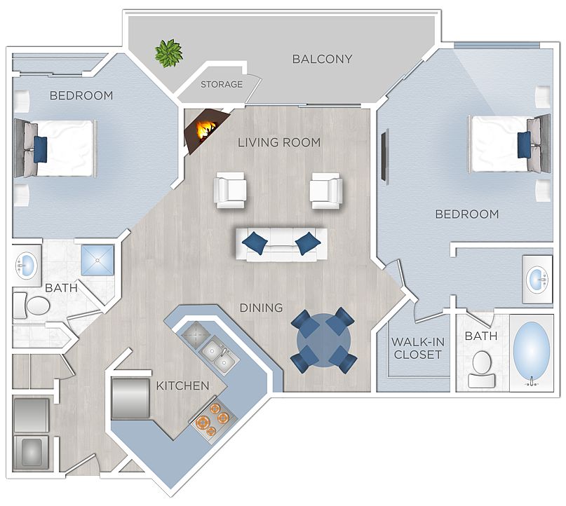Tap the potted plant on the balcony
(x=168, y=53)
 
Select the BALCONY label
(x=322, y=59)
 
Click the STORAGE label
(x=222, y=85)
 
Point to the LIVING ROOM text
(x=279, y=142)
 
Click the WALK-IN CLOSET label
(x=417, y=348)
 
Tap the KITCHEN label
(x=182, y=385)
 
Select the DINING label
(x=261, y=308)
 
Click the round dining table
(x=323, y=340)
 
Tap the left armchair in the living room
(x=231, y=189)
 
